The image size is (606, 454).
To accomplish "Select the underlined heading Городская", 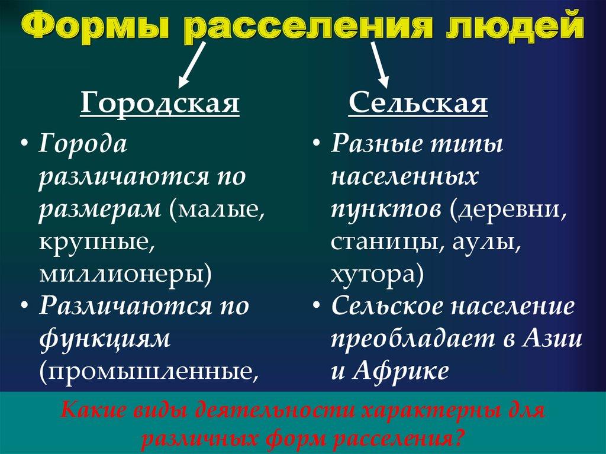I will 160,104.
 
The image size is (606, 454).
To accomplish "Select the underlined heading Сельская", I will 418,104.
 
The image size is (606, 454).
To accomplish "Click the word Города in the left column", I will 83,144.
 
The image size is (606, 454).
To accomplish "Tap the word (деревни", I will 505,210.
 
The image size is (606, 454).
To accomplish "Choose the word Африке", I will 401,372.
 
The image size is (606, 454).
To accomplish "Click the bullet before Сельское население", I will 318,307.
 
